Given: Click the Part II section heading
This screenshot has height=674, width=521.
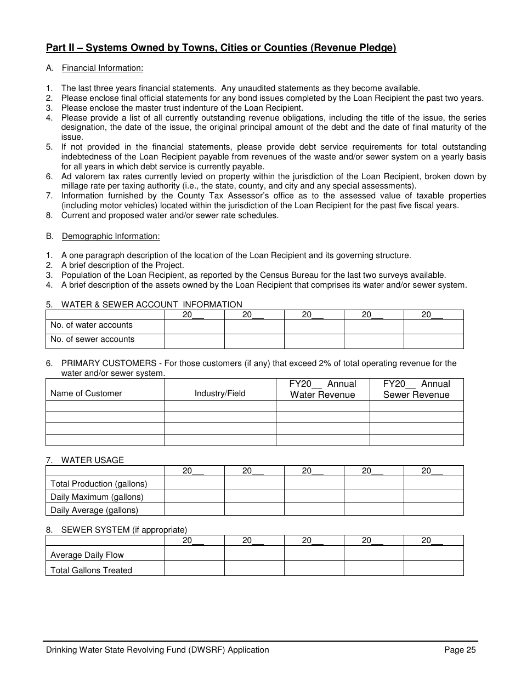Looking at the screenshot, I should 220,48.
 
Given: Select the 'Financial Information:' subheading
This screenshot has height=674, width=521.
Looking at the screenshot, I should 102,68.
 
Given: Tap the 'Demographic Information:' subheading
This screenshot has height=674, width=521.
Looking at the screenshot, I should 110,236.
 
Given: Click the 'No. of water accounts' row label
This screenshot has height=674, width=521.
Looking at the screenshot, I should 91,325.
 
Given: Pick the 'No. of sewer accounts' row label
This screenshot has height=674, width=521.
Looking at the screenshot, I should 92,339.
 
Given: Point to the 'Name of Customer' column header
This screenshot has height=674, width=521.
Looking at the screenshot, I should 86,393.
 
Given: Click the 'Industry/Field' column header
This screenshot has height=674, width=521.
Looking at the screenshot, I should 220,393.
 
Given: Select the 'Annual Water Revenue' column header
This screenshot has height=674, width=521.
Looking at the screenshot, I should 322,389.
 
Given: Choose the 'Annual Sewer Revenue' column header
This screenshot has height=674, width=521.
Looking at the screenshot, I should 416,389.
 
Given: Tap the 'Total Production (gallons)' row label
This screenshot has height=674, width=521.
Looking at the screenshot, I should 99,483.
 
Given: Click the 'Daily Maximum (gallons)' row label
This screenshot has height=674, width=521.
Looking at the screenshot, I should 97,496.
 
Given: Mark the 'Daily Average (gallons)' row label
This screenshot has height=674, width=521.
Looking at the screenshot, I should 94,510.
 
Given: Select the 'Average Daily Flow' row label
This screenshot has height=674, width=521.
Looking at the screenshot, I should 87,555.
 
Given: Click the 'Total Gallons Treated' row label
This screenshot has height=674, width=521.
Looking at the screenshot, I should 91,570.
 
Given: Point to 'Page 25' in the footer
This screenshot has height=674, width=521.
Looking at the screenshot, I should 460,650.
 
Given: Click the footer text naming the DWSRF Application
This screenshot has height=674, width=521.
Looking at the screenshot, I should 157,650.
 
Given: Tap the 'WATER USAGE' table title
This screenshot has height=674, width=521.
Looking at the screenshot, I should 92,460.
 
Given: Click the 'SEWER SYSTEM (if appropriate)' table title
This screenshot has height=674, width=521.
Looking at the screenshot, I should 124,530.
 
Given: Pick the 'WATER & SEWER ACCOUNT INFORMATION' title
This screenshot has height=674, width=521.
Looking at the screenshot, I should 151,305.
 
